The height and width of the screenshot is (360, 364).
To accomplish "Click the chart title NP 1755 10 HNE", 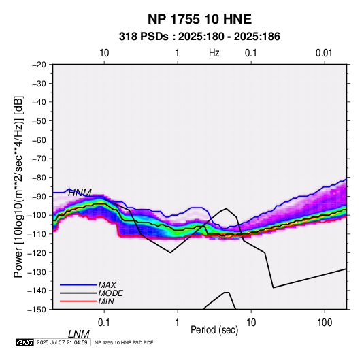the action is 199,19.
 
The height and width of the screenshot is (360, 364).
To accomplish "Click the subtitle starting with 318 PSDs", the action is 199,37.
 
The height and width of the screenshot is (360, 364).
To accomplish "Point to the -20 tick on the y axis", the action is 39,65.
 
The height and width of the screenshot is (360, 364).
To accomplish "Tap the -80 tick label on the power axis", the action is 39,178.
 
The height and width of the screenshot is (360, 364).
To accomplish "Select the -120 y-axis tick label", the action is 37,252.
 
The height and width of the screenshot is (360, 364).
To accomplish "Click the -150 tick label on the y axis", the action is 37,310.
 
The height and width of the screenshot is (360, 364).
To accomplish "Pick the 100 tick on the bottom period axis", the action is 325,323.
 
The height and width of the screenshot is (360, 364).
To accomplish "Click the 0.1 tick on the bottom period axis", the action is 104,323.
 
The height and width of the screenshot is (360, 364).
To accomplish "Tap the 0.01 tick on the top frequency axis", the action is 324,53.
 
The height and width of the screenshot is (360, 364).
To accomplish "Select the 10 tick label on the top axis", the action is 104,53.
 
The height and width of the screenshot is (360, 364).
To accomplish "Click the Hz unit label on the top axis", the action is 214,53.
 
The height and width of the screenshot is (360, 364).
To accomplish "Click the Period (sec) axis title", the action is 214,330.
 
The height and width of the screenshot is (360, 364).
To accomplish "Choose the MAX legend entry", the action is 107,284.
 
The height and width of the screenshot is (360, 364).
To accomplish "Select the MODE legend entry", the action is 110,293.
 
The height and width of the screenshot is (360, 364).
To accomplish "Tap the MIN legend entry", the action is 106,301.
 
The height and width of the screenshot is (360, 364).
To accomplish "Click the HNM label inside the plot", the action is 80,193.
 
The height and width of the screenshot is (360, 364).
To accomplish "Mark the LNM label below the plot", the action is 79,334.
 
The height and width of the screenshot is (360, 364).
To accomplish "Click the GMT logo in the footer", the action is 25,342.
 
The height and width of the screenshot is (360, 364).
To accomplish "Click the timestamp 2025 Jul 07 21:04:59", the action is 62,342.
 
